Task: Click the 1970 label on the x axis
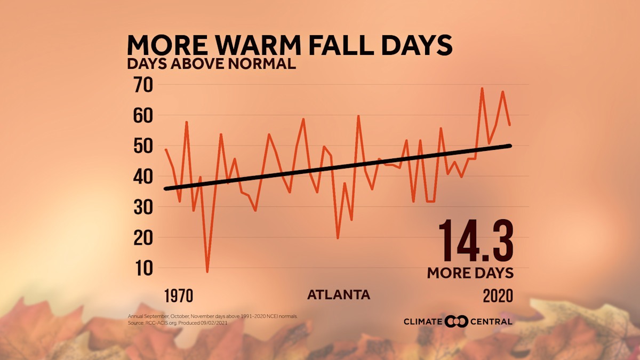coord(178,295)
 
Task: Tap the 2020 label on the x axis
coord(498,295)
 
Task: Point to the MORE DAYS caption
coord(470,273)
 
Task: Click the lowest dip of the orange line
coord(207,271)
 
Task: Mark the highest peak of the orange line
coord(482,89)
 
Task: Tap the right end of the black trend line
coord(510,146)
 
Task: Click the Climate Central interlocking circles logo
coord(456,321)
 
